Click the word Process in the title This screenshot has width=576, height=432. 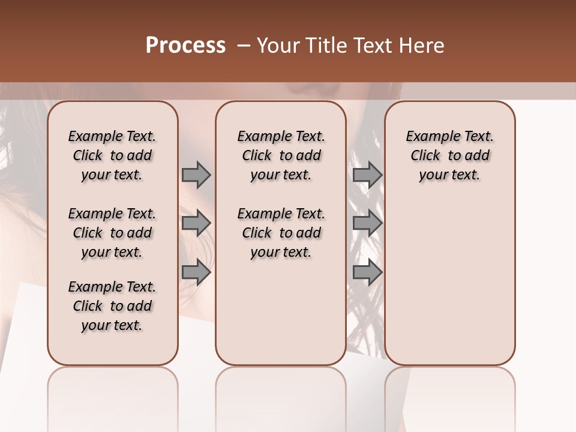(185, 46)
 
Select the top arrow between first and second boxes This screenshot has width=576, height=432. (196, 175)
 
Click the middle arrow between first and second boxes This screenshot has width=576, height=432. (196, 224)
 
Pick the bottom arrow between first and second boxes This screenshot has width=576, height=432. (196, 272)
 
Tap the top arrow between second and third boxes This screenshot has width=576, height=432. (367, 175)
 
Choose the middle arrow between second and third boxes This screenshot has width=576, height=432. (367, 224)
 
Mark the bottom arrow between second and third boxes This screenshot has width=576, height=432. (367, 272)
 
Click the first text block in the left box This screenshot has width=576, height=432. (112, 155)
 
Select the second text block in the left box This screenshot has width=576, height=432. (112, 233)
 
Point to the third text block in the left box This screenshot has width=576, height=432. (112, 306)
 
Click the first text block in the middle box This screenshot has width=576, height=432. (281, 155)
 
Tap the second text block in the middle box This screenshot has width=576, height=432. (281, 233)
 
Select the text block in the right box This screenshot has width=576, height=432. (450, 155)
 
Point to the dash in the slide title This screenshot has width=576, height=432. (244, 46)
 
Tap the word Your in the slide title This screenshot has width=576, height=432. (278, 46)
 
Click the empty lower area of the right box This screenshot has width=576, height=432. (450, 282)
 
